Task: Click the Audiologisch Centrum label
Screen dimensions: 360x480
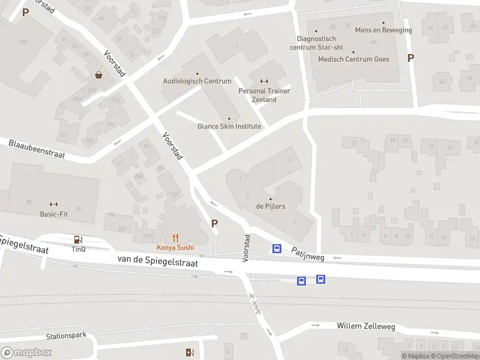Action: point(197,81)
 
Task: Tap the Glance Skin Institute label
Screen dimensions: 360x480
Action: point(229,126)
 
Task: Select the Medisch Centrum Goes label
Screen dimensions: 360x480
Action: point(353,59)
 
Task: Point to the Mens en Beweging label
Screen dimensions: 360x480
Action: point(383,30)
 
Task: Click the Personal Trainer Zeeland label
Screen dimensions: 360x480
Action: point(264,95)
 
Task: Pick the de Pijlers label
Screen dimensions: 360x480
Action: point(271,206)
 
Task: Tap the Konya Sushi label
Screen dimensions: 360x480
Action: point(175,247)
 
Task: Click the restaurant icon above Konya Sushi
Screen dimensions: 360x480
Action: point(175,238)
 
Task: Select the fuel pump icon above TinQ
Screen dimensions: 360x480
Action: point(78,239)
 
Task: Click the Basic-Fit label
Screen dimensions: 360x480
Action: point(53,214)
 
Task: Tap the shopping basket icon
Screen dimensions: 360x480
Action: point(98,75)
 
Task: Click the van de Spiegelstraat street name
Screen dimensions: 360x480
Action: point(157,260)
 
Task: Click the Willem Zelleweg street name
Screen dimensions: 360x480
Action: point(365,326)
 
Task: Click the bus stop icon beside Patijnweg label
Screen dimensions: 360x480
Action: point(277,248)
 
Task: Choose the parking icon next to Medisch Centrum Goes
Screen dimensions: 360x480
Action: point(410,58)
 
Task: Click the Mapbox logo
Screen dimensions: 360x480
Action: point(26,353)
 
